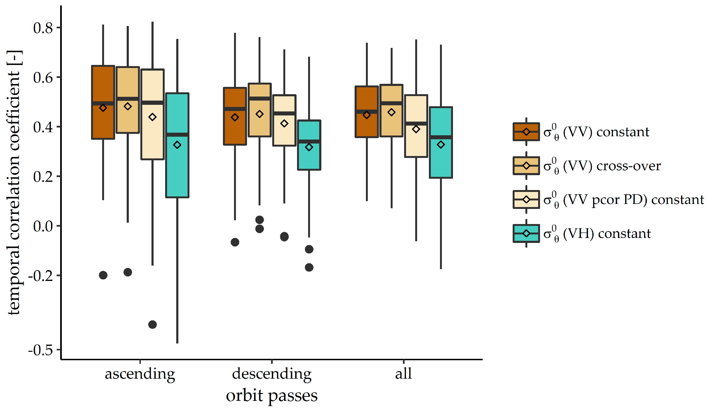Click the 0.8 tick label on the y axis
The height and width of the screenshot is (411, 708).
click(x=43, y=28)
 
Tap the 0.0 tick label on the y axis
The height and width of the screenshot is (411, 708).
click(x=43, y=226)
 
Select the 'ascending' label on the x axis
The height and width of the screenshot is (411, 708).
click(x=140, y=374)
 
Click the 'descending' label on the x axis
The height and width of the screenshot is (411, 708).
click(x=272, y=374)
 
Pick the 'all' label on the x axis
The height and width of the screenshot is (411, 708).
click(x=403, y=374)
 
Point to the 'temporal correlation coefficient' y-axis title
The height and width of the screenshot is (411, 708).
click(x=14, y=183)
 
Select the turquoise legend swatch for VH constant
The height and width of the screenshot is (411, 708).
click(x=526, y=233)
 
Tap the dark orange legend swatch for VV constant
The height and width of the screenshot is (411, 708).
click(x=526, y=131)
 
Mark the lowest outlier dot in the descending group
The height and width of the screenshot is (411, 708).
click(x=309, y=267)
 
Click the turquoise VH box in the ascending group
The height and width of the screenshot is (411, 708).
click(x=177, y=169)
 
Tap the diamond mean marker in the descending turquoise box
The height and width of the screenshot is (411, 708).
click(x=309, y=147)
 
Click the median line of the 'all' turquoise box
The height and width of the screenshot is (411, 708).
click(x=441, y=137)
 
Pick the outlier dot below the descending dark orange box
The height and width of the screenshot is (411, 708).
click(x=235, y=242)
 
